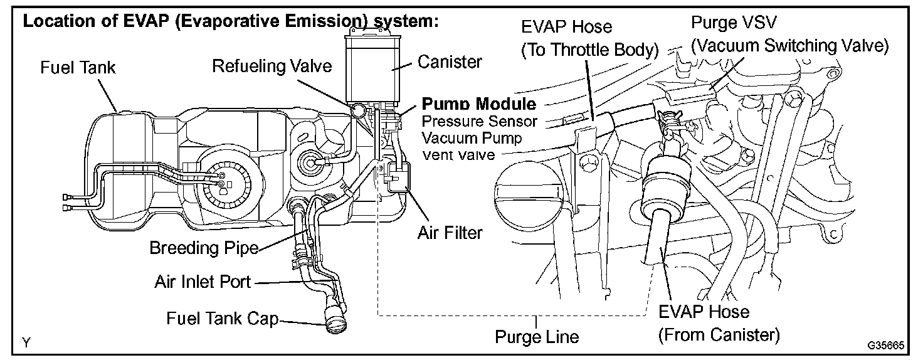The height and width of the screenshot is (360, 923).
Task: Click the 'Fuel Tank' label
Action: (78, 67)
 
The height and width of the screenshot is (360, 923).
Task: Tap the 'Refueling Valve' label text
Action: (272, 66)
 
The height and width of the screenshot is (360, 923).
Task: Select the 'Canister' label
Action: (450, 61)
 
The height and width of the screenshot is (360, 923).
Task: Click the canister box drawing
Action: (374, 66)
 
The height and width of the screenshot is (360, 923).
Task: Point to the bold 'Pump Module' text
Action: (479, 104)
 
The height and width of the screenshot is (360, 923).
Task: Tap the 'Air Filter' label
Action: (450, 233)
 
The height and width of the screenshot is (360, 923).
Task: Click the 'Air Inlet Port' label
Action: (203, 282)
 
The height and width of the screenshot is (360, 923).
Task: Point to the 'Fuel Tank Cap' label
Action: (221, 318)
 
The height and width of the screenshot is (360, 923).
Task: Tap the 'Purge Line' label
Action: (537, 337)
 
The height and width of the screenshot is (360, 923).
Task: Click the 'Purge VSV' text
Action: (729, 23)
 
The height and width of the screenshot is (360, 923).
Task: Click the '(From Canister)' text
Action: (719, 334)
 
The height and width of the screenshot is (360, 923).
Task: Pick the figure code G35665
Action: (885, 346)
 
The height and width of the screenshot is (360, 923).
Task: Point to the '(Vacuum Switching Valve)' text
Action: (789, 46)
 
